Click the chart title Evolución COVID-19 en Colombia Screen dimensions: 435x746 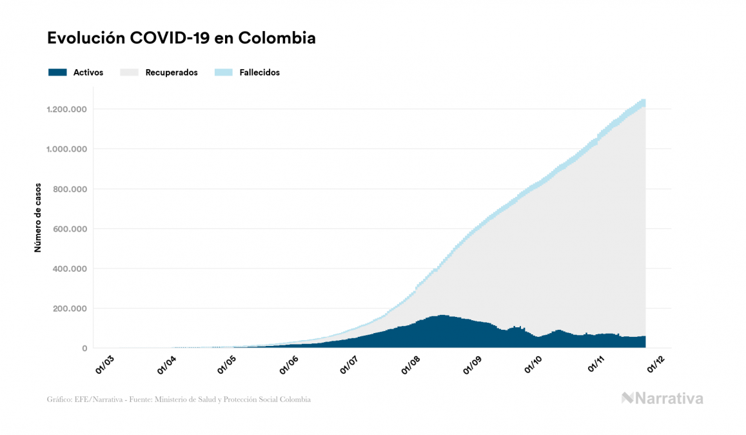(x=181, y=38)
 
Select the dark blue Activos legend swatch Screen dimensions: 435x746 (x=57, y=72)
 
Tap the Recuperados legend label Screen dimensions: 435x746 (x=172, y=72)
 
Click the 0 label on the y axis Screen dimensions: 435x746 (x=84, y=349)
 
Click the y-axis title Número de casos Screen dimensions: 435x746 (x=38, y=217)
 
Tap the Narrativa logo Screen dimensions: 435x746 (x=662, y=398)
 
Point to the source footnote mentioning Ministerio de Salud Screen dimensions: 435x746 (x=179, y=400)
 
